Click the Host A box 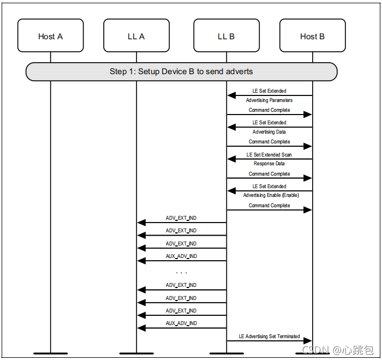50,37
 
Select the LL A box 136,37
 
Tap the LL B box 226,37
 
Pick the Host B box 312,37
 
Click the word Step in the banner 118,71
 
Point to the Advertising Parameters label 269,100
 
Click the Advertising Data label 269,132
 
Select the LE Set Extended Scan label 269,155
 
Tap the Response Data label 269,164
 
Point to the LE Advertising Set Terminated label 269,337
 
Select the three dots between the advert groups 181,272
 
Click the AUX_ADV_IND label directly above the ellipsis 181,256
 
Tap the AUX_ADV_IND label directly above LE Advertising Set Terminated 181,323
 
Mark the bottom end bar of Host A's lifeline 50,353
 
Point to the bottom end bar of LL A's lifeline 136,353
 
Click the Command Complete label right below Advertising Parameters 269,110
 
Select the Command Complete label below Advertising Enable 269,206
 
